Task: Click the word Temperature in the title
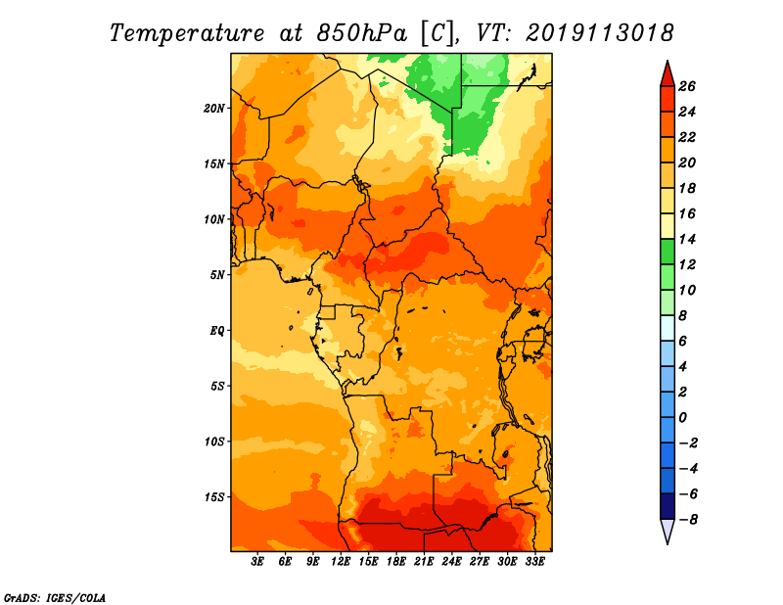click(187, 33)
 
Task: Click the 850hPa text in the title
click(362, 33)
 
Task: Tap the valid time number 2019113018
click(599, 33)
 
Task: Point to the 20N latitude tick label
click(214, 109)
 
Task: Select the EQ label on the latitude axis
click(217, 331)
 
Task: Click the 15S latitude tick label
click(214, 497)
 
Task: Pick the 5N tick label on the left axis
click(217, 275)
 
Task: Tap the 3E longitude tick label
click(257, 562)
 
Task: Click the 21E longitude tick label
click(424, 562)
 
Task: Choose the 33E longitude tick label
click(534, 562)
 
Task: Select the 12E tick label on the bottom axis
click(341, 562)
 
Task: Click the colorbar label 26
click(687, 86)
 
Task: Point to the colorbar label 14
click(687, 239)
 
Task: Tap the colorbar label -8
click(688, 520)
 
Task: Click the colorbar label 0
click(682, 418)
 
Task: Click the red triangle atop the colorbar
click(668, 74)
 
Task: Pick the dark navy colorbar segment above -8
click(668, 506)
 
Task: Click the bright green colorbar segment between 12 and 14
click(668, 252)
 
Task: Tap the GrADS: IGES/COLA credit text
click(55, 597)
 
